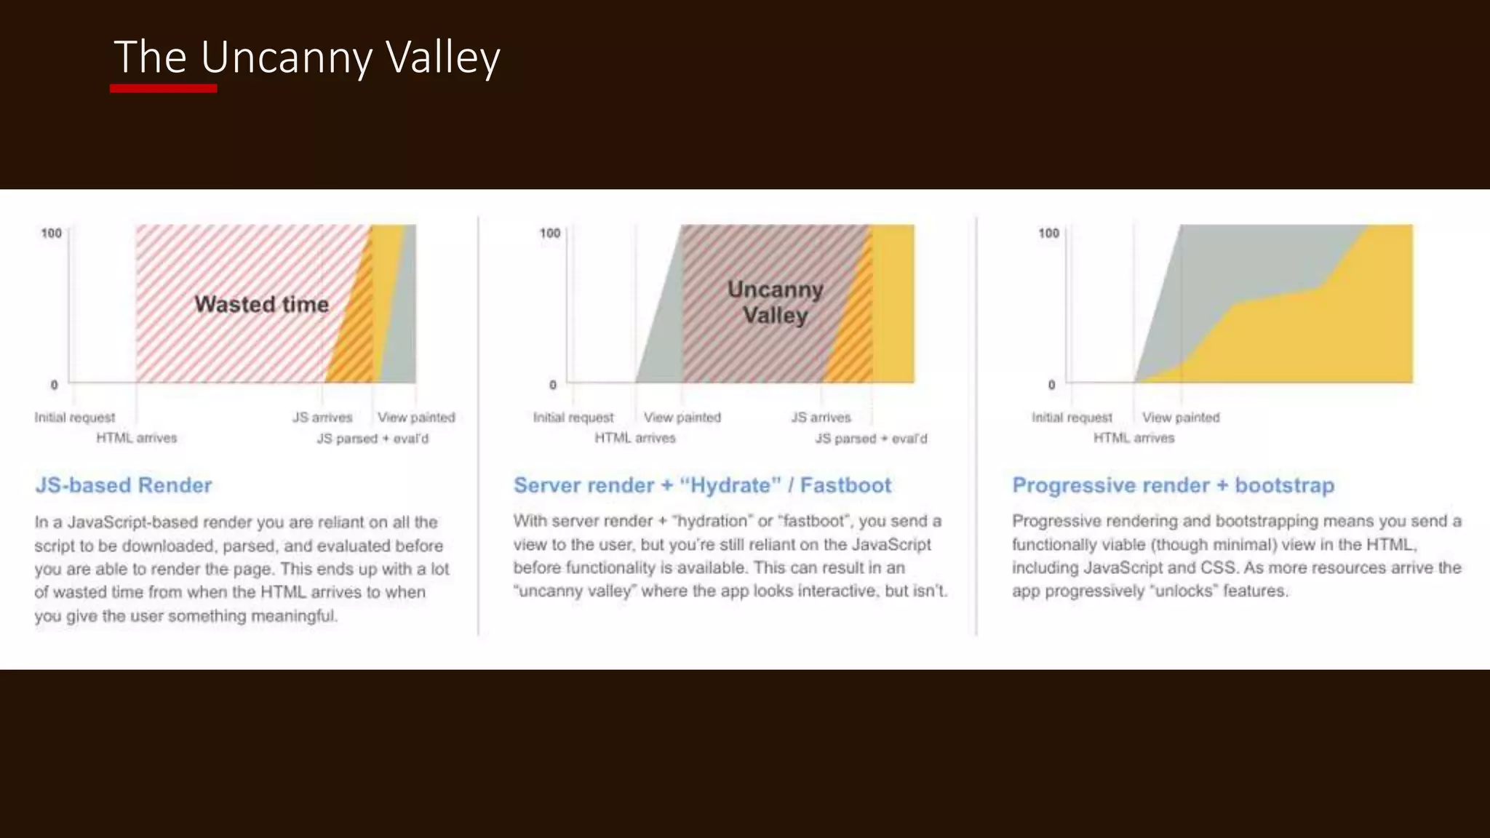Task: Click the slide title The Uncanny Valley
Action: [x=306, y=57]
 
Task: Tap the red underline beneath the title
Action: [x=163, y=89]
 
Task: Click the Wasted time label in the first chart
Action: [x=261, y=304]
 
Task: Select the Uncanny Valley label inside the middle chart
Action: [x=776, y=303]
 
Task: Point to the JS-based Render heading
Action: [x=124, y=485]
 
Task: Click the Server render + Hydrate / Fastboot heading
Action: [x=702, y=485]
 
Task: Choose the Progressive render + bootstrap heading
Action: [x=1173, y=485]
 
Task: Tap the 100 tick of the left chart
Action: [x=51, y=234]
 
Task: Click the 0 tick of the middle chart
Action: [x=553, y=385]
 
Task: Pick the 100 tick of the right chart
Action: [x=1048, y=234]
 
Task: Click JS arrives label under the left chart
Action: [x=322, y=418]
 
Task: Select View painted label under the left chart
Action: [x=416, y=418]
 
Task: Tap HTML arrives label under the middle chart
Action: [x=635, y=438]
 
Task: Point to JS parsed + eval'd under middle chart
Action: [x=871, y=439]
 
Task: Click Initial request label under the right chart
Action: [x=1072, y=418]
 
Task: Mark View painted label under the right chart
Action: [x=1181, y=418]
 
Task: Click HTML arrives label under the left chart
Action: [x=137, y=438]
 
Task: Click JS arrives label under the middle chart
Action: [x=821, y=418]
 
